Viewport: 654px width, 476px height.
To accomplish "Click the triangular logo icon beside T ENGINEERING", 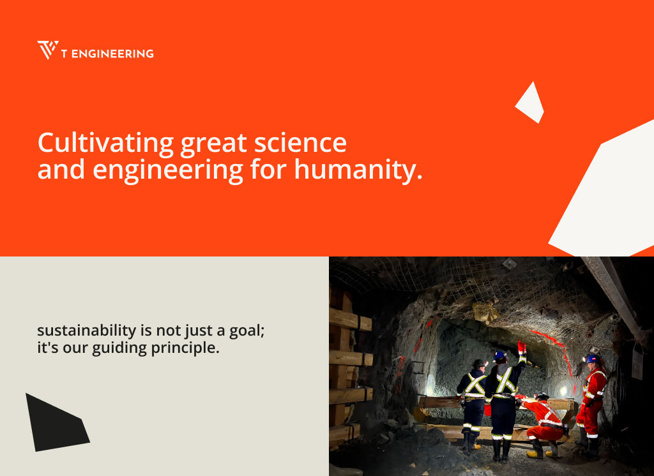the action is [47, 50].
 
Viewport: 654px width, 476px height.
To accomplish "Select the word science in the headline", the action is [300, 143].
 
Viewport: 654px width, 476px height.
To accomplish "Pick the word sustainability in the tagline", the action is [87, 331].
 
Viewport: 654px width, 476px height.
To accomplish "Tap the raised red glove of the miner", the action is [521, 346].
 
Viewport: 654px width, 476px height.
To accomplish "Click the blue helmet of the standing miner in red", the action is [593, 359].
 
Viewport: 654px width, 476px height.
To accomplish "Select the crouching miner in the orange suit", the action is [542, 424].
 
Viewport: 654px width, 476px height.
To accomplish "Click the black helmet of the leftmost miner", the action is [479, 363].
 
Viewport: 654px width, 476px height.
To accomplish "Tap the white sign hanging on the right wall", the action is [637, 364].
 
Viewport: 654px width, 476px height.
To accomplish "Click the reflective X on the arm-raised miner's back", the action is [506, 380].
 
